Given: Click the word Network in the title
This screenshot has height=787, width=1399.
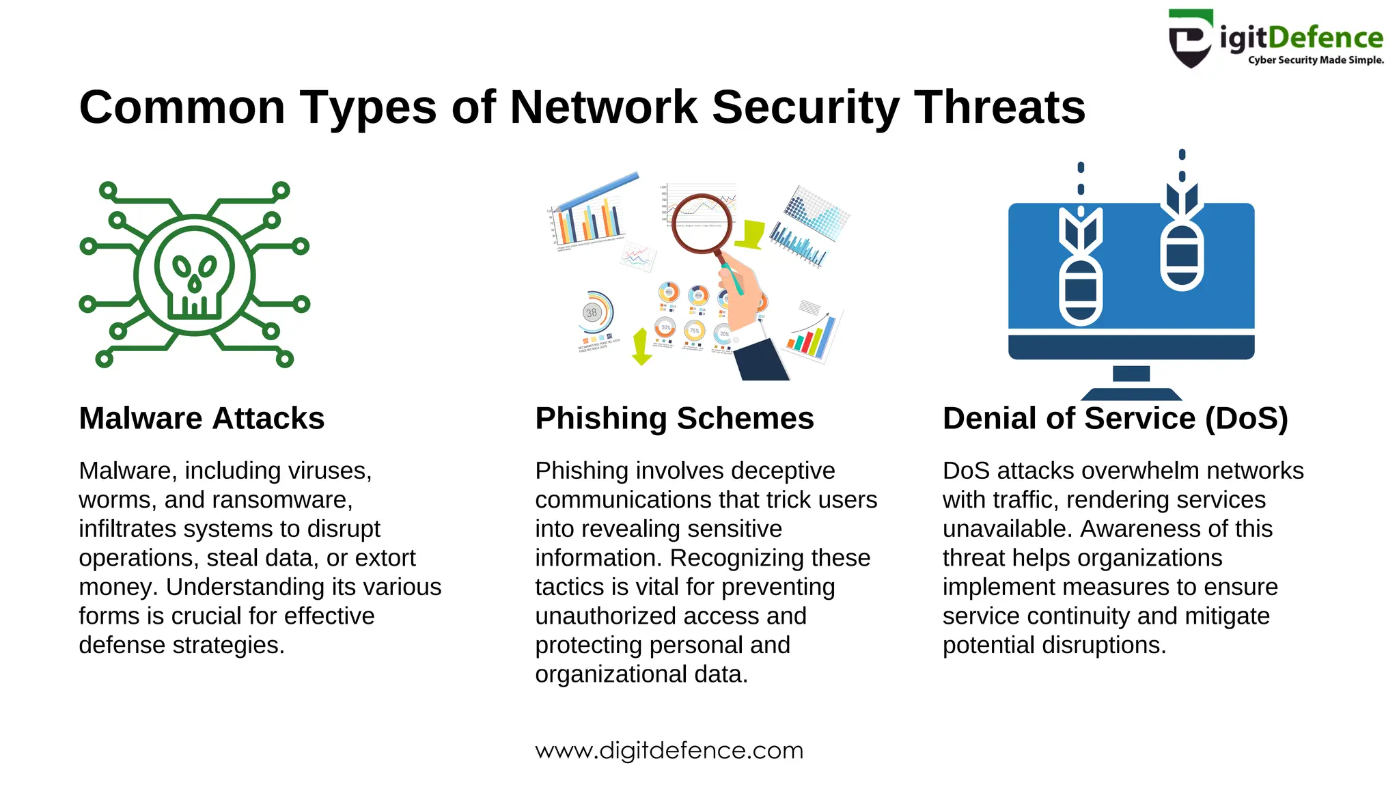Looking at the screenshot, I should click(x=604, y=107).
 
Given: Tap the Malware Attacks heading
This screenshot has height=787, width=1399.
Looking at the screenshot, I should click(x=202, y=418).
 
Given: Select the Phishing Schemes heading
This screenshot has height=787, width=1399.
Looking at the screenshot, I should click(x=674, y=418).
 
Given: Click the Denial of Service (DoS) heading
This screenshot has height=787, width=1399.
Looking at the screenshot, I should click(x=1115, y=418).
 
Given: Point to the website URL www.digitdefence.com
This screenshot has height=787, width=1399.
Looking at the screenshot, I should click(x=669, y=750).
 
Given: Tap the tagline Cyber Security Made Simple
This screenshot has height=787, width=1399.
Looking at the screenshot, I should click(x=1316, y=60).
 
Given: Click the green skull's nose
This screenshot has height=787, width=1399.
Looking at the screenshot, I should click(x=195, y=282).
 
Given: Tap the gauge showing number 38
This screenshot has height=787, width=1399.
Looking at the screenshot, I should click(x=592, y=313).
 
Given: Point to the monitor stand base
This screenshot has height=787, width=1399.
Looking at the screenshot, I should click(x=1131, y=393).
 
